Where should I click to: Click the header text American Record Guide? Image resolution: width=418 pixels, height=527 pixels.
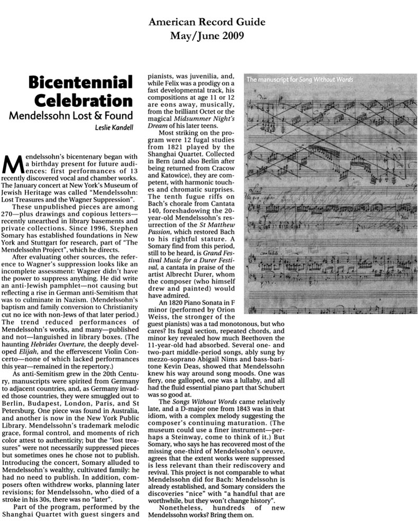[x=207, y=22]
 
